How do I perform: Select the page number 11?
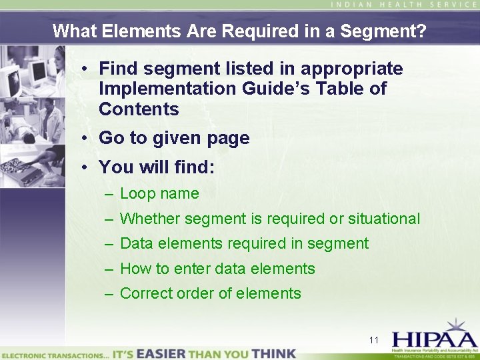click(x=374, y=340)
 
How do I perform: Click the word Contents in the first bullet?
click(x=139, y=109)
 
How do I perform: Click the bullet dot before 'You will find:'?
click(x=87, y=167)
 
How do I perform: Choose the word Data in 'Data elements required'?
click(x=137, y=243)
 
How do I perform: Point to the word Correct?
click(x=145, y=293)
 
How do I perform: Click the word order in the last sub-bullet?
click(x=194, y=293)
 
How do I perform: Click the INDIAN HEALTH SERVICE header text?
click(x=404, y=5)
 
